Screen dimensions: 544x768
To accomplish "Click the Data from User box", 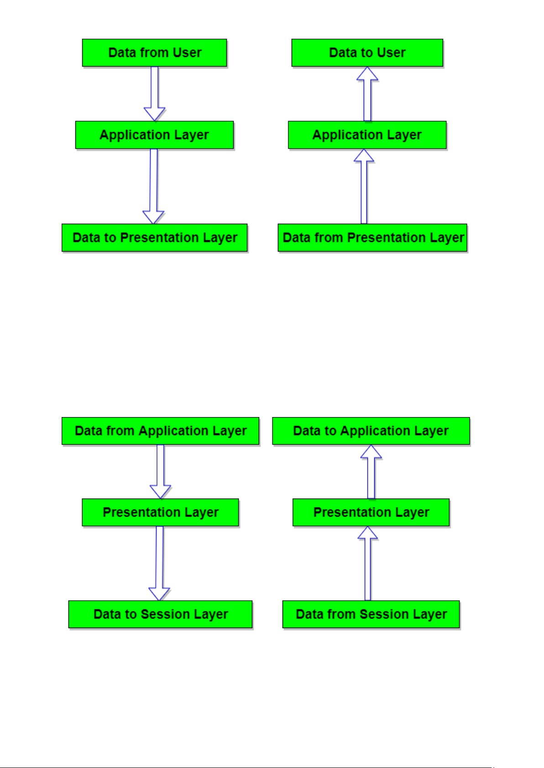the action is pyautogui.click(x=154, y=53).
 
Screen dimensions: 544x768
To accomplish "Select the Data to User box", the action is pyautogui.click(x=367, y=53).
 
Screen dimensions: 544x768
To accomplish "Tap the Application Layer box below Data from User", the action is pyautogui.click(x=154, y=135).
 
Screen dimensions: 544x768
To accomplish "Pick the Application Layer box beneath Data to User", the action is pyautogui.click(x=367, y=135).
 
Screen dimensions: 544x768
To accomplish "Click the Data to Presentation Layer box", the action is pyautogui.click(x=154, y=237).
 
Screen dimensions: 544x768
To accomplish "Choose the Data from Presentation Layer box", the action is pyautogui.click(x=372, y=237).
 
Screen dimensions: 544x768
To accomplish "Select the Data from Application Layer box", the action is pyautogui.click(x=160, y=431).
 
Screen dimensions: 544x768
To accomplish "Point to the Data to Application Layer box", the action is pyautogui.click(x=371, y=431).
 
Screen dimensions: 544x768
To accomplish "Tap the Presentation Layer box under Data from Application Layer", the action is pyautogui.click(x=160, y=512).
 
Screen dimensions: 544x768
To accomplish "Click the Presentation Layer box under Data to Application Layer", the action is pyautogui.click(x=371, y=512).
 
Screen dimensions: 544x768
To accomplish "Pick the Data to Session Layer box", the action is pyautogui.click(x=160, y=614).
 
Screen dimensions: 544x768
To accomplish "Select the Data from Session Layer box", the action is pyautogui.click(x=371, y=614).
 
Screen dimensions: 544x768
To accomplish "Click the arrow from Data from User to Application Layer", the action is pyautogui.click(x=154, y=93).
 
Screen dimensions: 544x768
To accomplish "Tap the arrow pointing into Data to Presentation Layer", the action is pyautogui.click(x=153, y=186).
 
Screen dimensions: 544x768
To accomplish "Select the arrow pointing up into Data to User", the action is pyautogui.click(x=367, y=93).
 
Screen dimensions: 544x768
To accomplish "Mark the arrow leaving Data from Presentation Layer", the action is pyautogui.click(x=364, y=186).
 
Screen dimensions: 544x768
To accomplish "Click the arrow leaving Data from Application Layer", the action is pyautogui.click(x=160, y=471).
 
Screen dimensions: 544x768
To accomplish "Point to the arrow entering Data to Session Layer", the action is pyautogui.click(x=159, y=563).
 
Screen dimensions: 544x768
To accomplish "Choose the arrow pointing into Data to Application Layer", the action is pyautogui.click(x=371, y=471).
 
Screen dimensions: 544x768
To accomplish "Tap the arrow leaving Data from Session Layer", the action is pyautogui.click(x=367, y=563).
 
